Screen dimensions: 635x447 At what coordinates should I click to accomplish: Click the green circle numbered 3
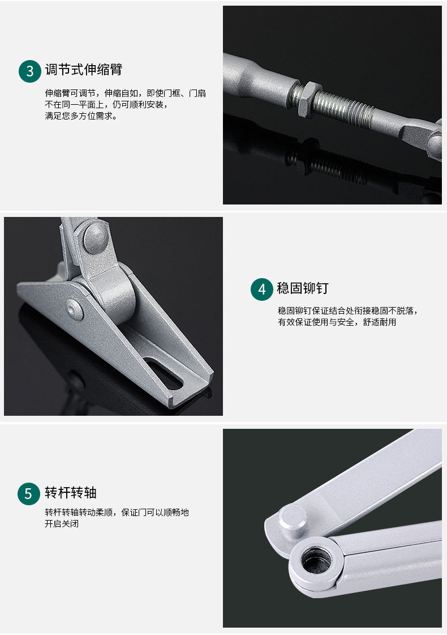(x=30, y=71)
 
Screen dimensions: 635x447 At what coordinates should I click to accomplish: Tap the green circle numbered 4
(x=262, y=289)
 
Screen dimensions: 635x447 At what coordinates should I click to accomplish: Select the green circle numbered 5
(x=29, y=493)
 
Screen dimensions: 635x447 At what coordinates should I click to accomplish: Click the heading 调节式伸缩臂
(x=83, y=70)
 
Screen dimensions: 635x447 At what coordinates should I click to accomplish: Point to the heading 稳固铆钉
(x=303, y=288)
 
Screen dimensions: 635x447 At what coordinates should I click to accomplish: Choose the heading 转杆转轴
(x=71, y=492)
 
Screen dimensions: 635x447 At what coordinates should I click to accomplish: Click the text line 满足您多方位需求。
(x=81, y=116)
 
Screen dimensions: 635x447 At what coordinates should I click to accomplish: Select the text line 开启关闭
(x=62, y=523)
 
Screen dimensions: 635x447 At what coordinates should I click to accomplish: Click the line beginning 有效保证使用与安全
(x=337, y=322)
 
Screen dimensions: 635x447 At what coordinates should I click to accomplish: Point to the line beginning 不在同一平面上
(x=106, y=105)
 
